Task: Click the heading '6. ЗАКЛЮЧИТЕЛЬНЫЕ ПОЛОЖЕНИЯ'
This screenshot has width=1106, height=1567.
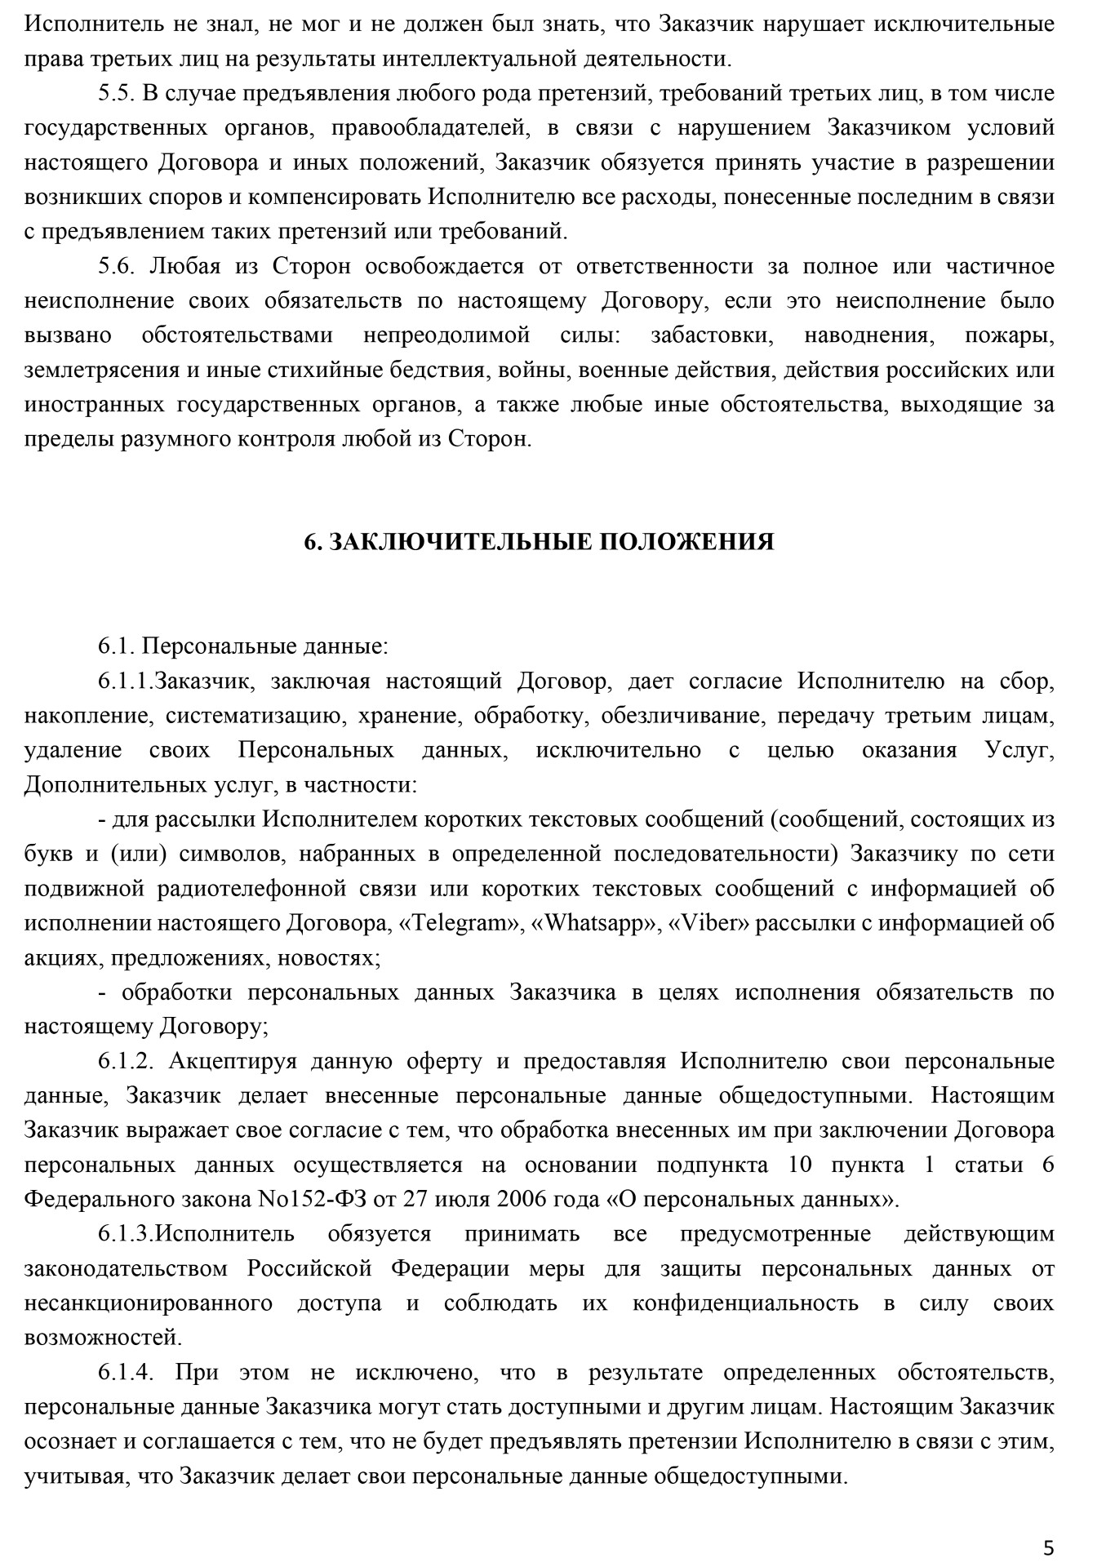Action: coord(539,543)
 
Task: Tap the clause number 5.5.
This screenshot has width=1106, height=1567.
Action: coord(116,93)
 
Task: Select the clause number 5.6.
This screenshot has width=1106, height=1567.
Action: coord(116,266)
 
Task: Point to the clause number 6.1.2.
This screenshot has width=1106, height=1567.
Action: coord(126,1061)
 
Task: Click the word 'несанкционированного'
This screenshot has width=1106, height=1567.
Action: coord(149,1303)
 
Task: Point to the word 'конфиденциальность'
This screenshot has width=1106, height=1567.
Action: coord(745,1303)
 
